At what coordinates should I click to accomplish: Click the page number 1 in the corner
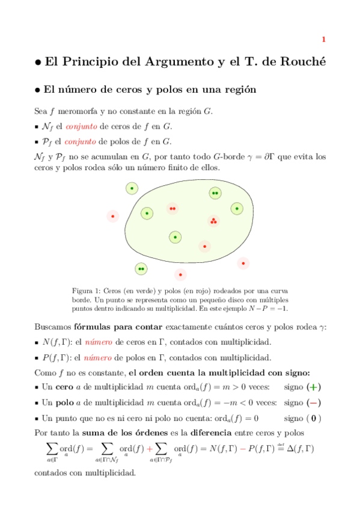[x=323, y=40]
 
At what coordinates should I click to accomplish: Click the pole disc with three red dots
[x=213, y=221]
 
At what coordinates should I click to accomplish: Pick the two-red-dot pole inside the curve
[x=172, y=209]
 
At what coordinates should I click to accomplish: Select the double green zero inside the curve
[x=215, y=193]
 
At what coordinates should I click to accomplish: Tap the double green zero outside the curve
[x=141, y=269]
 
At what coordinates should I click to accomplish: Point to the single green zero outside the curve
[x=132, y=189]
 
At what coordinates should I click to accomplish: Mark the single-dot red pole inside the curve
[x=205, y=246]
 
